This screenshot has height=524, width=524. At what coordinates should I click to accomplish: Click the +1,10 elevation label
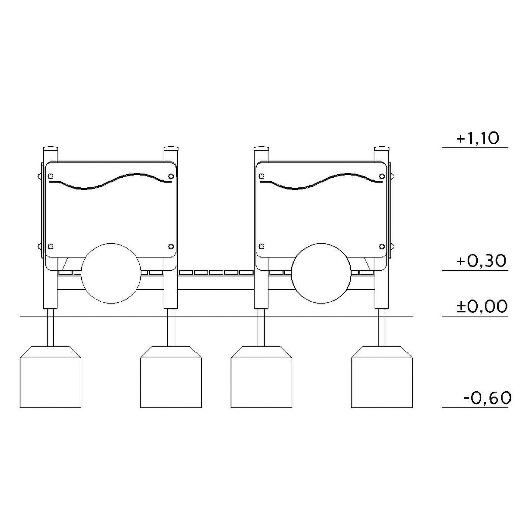coord(478,138)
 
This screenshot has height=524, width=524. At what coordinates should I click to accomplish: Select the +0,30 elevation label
coord(481,261)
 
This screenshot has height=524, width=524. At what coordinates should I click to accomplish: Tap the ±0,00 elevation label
coord(482,307)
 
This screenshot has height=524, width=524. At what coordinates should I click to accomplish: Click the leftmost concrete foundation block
coord(51,377)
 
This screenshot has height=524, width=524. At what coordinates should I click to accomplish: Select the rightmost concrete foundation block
coord(382,377)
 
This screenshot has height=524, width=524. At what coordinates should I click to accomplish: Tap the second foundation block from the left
coord(171,377)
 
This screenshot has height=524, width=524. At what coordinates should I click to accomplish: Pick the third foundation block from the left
coord(261,377)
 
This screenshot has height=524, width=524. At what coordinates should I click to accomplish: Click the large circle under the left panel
coord(111,273)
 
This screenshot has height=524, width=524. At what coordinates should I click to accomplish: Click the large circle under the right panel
coord(321,273)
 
